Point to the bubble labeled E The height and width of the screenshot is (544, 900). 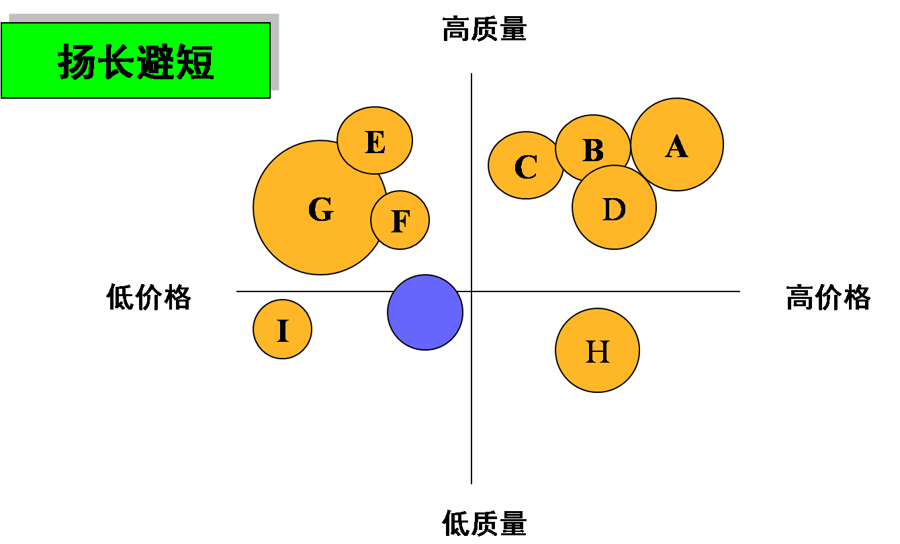[375, 140]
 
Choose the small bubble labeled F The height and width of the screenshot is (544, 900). [400, 220]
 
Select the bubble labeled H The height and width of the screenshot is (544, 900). [597, 351]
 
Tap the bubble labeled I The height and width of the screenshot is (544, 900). [282, 329]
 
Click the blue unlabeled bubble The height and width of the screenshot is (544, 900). [425, 312]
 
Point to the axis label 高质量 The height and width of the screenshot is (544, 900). [484, 30]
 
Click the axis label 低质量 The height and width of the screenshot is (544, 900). [484, 523]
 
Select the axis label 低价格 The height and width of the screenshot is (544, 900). [148, 297]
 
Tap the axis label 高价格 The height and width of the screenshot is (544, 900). [828, 297]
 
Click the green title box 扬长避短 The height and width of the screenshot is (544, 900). [136, 60]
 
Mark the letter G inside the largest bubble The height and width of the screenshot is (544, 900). [321, 210]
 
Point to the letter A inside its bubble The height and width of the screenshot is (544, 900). [677, 146]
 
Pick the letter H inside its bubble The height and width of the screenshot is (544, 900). [597, 351]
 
